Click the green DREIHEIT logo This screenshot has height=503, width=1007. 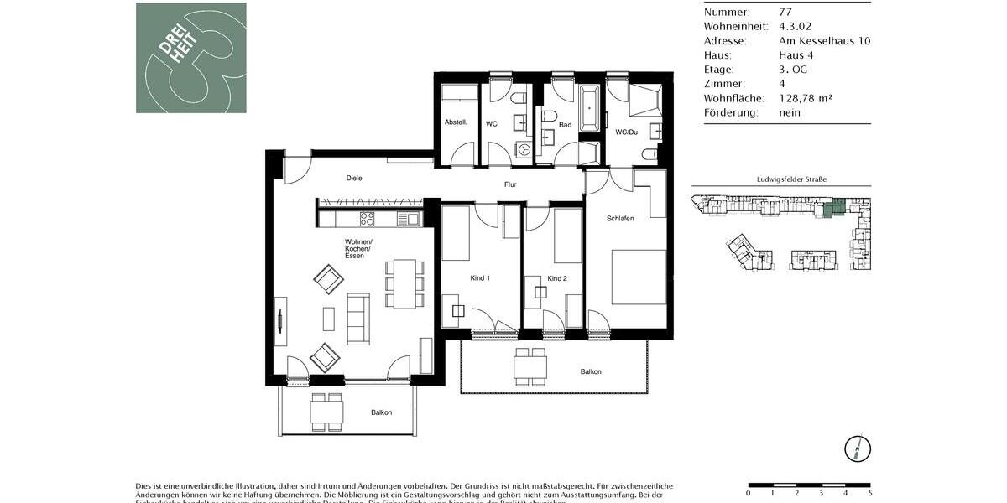click(191, 58)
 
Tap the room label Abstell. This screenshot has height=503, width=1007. click(456, 123)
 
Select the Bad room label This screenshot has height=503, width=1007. click(565, 125)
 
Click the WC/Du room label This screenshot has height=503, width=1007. click(626, 132)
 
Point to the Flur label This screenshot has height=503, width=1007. click(509, 184)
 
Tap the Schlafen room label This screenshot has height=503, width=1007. click(620, 218)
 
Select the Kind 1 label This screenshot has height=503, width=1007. click(479, 277)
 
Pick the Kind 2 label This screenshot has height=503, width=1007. click(557, 277)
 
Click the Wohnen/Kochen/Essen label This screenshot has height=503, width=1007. click(357, 248)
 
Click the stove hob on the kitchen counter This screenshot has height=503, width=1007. click(367, 219)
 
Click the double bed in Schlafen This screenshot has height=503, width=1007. click(639, 276)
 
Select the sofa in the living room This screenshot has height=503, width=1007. click(358, 318)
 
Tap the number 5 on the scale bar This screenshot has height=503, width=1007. click(870, 493)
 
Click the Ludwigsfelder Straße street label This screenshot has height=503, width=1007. click(780, 179)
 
